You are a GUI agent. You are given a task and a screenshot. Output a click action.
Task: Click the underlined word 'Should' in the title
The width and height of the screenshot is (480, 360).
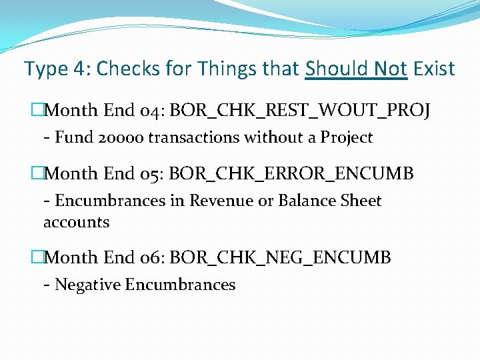[x=337, y=69]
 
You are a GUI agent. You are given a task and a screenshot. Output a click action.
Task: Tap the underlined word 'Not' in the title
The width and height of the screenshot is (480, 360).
[x=390, y=69]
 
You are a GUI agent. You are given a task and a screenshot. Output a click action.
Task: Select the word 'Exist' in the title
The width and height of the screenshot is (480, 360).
[x=434, y=69]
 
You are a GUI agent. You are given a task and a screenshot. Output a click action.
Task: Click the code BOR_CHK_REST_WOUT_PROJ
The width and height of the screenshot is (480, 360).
[x=300, y=111]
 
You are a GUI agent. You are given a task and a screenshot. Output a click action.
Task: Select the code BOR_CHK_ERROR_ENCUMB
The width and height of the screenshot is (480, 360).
[x=291, y=174]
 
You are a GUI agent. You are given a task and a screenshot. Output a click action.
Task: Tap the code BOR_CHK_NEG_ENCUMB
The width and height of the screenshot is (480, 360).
[x=280, y=257]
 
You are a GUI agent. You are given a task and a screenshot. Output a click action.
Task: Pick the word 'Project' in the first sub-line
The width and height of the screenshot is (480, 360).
[x=346, y=138]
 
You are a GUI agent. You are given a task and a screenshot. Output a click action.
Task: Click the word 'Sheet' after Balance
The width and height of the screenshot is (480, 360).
[x=360, y=201]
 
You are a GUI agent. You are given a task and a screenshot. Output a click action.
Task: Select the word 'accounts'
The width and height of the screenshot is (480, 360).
[x=76, y=222]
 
